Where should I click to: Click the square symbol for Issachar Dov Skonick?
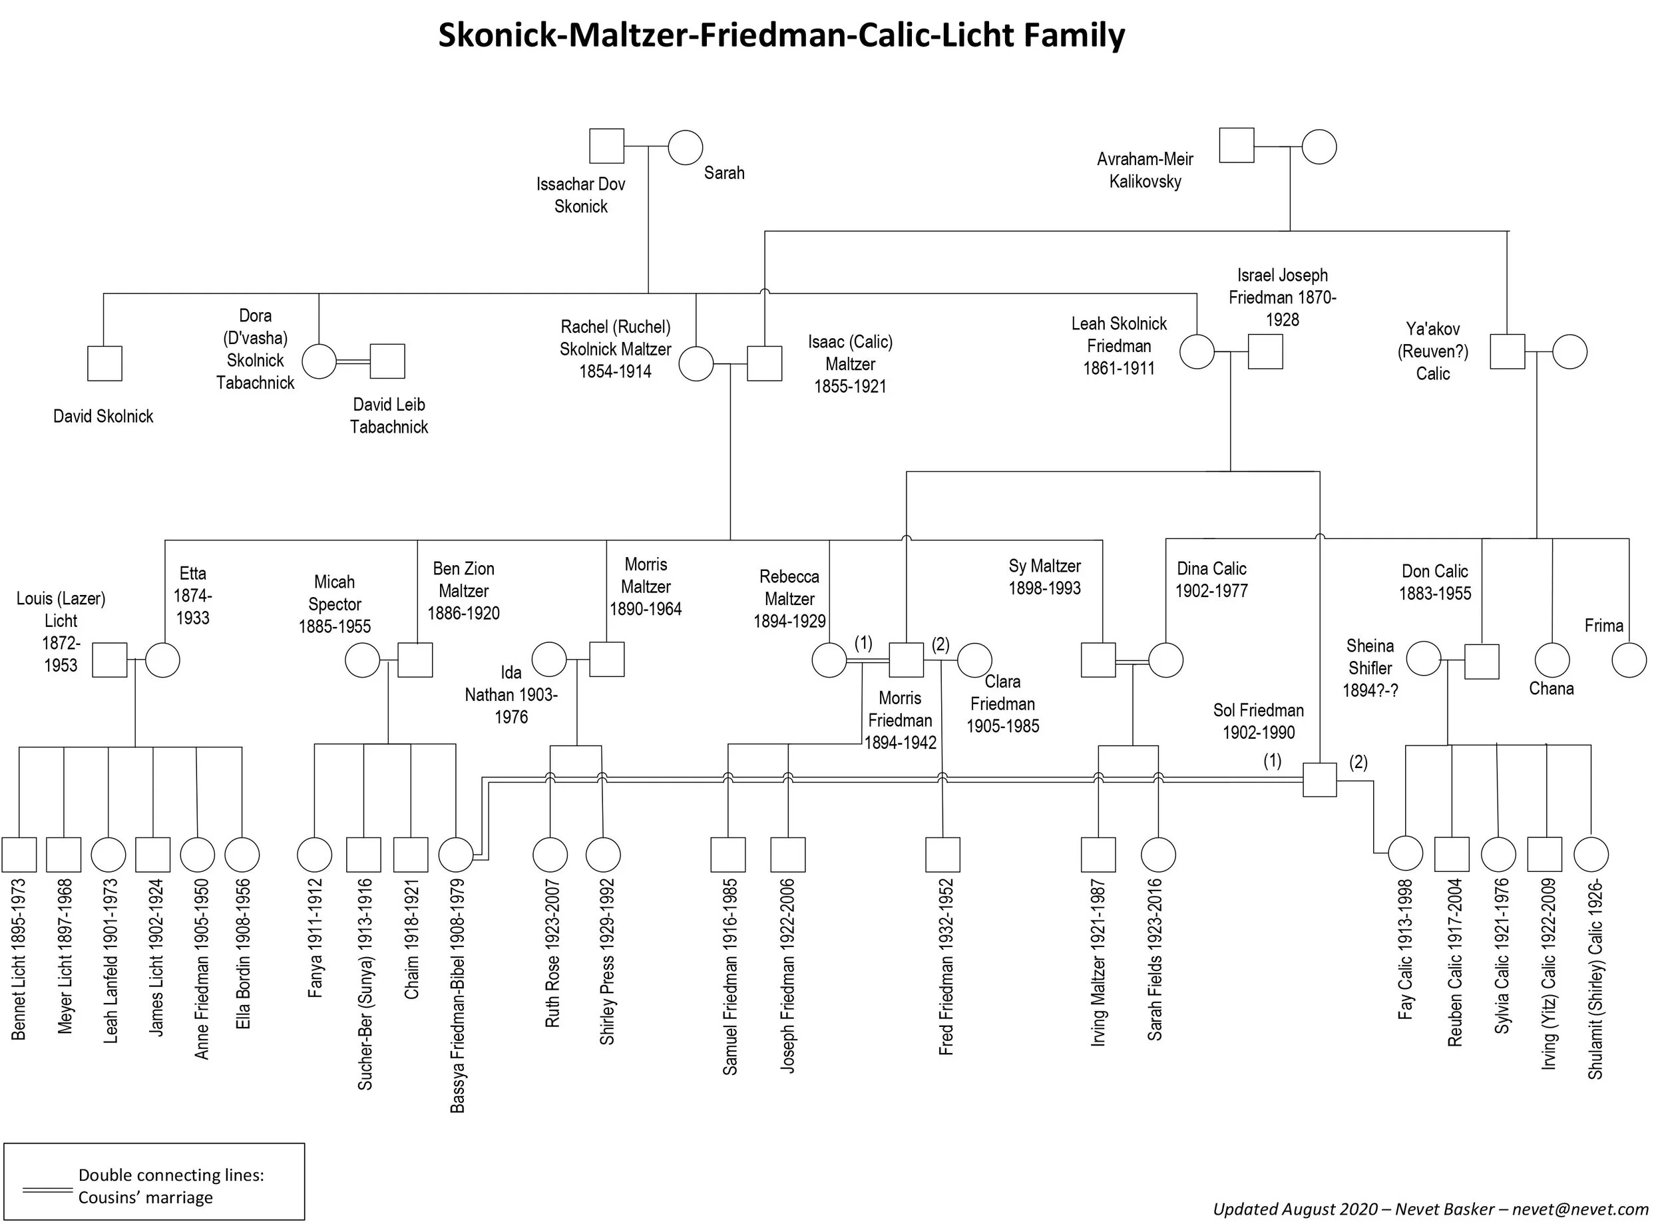pyautogui.click(x=606, y=145)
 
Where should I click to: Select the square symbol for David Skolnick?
pyautogui.click(x=104, y=363)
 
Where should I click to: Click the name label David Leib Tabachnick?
pyautogui.click(x=389, y=416)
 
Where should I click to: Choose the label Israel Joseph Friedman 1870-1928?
pyautogui.click(x=1283, y=297)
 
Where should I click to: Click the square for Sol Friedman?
pyautogui.click(x=1319, y=779)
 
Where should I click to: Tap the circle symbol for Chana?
pyautogui.click(x=1552, y=660)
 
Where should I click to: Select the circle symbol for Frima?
pyautogui.click(x=1629, y=660)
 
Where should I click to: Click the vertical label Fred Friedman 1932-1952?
pyautogui.click(x=945, y=967)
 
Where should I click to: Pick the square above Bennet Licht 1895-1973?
pyautogui.click(x=19, y=855)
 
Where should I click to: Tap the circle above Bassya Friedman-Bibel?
pyautogui.click(x=456, y=855)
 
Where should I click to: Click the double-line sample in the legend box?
pyautogui.click(x=47, y=1191)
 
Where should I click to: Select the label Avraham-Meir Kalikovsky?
pyautogui.click(x=1145, y=170)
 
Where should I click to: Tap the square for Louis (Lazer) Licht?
pyautogui.click(x=110, y=660)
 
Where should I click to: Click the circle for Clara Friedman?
pyautogui.click(x=974, y=660)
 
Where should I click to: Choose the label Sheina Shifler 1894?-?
pyautogui.click(x=1370, y=668)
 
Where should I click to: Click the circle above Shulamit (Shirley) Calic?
pyautogui.click(x=1591, y=855)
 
